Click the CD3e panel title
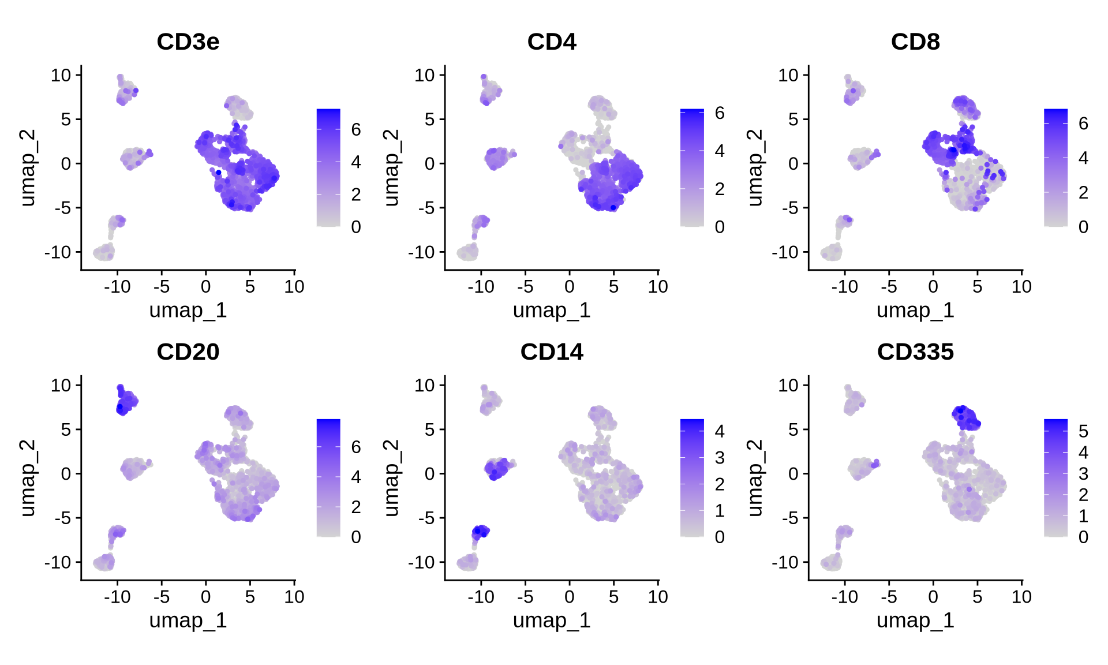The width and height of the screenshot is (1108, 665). tap(188, 42)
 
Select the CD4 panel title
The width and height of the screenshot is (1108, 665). tap(552, 42)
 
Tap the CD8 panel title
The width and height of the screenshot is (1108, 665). tap(915, 42)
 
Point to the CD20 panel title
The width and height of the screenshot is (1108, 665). tap(188, 352)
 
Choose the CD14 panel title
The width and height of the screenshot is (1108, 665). tap(552, 352)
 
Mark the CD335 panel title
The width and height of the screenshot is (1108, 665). tap(915, 352)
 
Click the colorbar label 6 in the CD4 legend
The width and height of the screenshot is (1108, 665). tap(720, 113)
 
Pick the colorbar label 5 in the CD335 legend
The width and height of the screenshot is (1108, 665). tap(1083, 431)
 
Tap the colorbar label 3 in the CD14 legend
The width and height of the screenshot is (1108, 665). tap(720, 458)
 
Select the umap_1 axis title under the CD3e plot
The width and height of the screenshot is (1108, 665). tap(188, 311)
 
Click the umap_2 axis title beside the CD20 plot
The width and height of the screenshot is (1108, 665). tap(27, 478)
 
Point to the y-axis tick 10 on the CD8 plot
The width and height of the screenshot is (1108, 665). tap(788, 75)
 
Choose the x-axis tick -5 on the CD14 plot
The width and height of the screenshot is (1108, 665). tap(525, 596)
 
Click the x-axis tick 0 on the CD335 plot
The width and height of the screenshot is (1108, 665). tap(933, 596)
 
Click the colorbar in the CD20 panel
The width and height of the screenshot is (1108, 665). tap(328, 478)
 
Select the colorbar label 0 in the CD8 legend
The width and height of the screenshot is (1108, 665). tap(1083, 227)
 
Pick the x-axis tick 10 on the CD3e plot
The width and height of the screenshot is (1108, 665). tap(294, 286)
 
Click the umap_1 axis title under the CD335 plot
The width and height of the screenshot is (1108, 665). tap(915, 621)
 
